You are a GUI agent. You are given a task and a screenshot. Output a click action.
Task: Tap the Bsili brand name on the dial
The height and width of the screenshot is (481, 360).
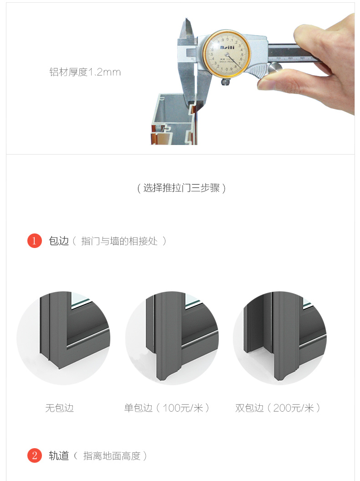[227, 47]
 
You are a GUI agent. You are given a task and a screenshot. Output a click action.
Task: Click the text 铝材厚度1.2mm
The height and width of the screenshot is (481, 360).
[85, 72]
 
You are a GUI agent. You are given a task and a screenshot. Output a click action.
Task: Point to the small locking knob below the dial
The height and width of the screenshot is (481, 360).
[226, 82]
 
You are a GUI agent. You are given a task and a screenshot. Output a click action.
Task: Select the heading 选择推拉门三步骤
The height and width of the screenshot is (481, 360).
[181, 188]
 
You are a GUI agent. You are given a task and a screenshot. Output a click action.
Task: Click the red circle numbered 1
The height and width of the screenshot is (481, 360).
[34, 241]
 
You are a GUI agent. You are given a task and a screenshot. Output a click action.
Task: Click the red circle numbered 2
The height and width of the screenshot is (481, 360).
[34, 455]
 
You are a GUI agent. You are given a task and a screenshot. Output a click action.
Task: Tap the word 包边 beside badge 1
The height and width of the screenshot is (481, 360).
[59, 241]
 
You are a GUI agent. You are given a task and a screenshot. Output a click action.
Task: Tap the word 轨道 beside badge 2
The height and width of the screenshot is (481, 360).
[59, 455]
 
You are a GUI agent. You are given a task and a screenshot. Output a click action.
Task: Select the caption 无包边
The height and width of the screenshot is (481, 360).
[60, 408]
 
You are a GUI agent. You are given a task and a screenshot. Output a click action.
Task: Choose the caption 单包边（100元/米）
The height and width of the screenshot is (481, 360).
[167, 408]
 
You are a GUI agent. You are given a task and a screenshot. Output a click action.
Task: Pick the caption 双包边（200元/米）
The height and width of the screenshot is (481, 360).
[278, 408]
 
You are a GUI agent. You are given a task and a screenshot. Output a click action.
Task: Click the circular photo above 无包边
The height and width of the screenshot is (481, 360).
[63, 338]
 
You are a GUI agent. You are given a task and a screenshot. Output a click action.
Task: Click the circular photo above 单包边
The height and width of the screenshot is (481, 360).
[172, 338]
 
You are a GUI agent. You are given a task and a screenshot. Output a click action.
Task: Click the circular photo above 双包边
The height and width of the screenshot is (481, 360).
[280, 338]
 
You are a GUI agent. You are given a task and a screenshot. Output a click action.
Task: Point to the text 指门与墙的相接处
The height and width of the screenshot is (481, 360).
[119, 241]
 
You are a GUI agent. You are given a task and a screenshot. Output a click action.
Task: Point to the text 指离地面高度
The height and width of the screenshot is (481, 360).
[112, 456]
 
